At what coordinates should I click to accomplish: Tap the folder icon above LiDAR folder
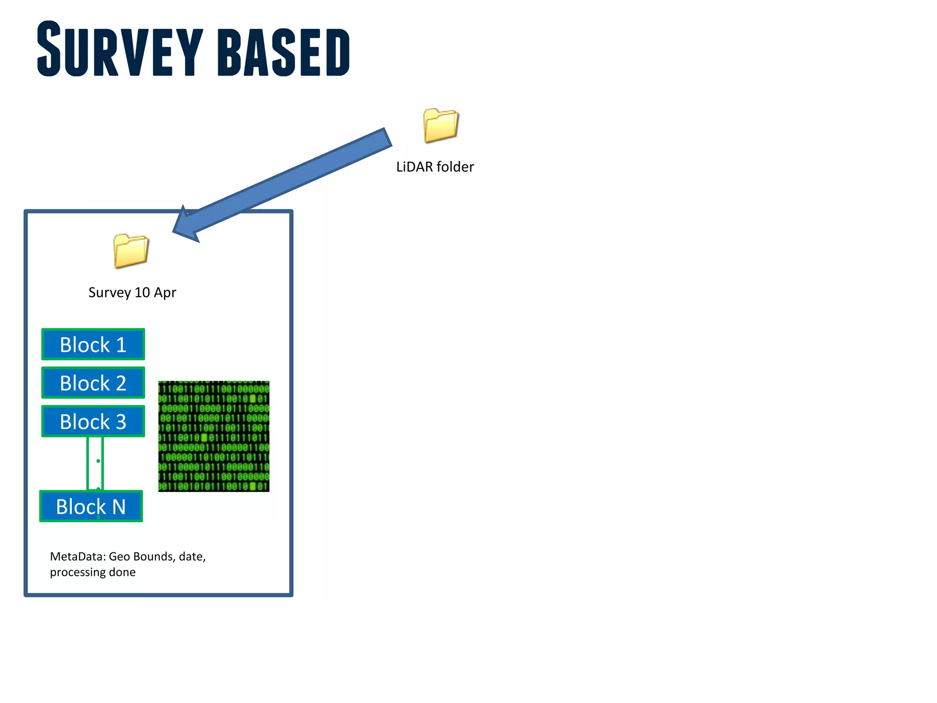[441, 125]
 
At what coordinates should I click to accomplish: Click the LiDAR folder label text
[435, 167]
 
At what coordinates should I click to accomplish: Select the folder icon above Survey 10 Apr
[131, 251]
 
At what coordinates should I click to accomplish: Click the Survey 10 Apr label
[132, 292]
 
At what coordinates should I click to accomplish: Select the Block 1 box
[93, 345]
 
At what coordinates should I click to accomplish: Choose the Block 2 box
[93, 383]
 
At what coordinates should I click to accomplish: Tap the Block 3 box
[93, 422]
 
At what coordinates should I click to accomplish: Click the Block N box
[91, 507]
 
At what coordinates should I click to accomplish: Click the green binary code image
[214, 436]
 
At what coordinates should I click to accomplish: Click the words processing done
[93, 573]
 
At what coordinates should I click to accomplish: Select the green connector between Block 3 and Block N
[95, 463]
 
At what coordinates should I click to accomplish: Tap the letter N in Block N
[119, 507]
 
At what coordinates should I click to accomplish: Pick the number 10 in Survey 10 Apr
[142, 292]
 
